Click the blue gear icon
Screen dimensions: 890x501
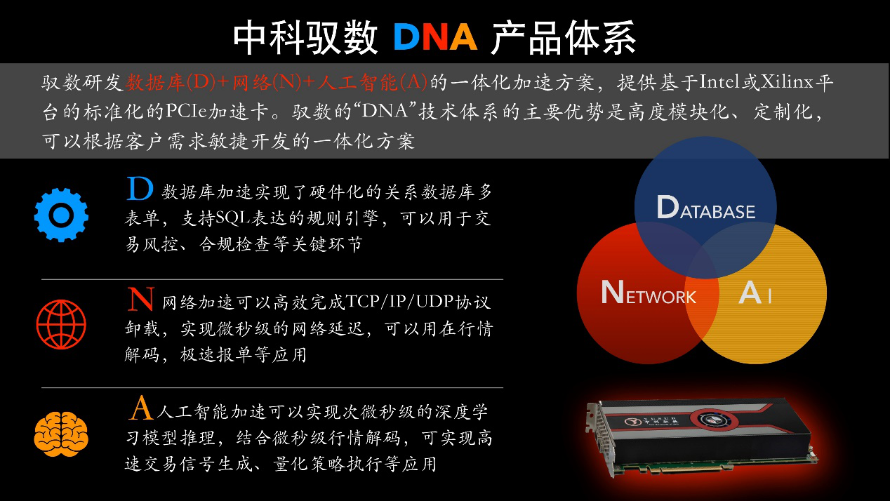pyautogui.click(x=61, y=215)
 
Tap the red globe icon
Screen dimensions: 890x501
pyautogui.click(x=61, y=325)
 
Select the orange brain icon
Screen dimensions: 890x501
pyautogui.click(x=61, y=434)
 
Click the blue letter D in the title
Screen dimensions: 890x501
pyautogui.click(x=407, y=37)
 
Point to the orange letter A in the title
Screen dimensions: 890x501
pyautogui.click(x=463, y=37)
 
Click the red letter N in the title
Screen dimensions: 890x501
pyautogui.click(x=435, y=37)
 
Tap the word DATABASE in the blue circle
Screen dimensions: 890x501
pyautogui.click(x=706, y=207)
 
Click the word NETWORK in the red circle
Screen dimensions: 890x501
pyautogui.click(x=649, y=292)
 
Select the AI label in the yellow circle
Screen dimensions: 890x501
pyautogui.click(x=755, y=293)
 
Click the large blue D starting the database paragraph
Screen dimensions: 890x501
pyautogui.click(x=140, y=189)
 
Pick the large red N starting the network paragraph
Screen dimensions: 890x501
pyautogui.click(x=141, y=299)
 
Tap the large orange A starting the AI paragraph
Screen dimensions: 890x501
pyautogui.click(x=141, y=408)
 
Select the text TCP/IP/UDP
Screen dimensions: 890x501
pyautogui.click(x=399, y=302)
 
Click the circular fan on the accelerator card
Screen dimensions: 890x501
pyautogui.click(x=714, y=420)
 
